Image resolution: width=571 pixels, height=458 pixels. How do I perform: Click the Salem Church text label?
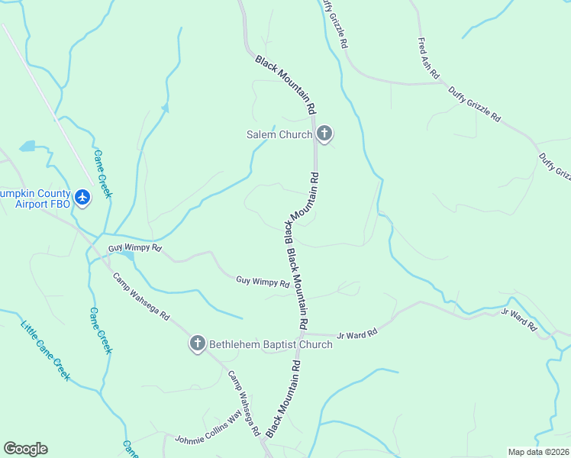pos(279,135)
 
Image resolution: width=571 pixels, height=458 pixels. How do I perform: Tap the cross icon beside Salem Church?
pos(324,134)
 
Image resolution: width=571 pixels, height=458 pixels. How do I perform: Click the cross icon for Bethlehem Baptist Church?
pos(197,344)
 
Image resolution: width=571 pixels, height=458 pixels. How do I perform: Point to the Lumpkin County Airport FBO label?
pos(35,199)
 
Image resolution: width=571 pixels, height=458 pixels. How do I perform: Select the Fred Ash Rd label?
pos(428,59)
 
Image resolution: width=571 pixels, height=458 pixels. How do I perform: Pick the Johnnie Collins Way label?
pos(208,428)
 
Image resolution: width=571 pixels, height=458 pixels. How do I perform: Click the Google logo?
pos(25,449)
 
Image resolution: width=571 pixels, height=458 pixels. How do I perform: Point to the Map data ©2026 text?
pos(538,452)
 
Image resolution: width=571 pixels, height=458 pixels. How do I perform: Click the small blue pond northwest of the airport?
pos(27,145)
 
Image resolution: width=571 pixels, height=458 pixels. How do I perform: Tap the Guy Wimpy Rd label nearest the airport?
pos(135,249)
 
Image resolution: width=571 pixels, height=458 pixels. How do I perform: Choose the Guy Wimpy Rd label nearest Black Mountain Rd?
pos(263,282)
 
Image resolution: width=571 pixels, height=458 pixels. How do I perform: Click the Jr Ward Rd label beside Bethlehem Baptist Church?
pos(358,334)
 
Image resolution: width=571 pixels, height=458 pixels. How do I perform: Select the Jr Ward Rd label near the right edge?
pos(515,313)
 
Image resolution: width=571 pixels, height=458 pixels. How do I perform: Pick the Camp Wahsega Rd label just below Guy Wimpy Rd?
pos(141,296)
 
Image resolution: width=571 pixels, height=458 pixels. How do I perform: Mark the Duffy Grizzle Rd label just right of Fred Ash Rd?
pos(474,105)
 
